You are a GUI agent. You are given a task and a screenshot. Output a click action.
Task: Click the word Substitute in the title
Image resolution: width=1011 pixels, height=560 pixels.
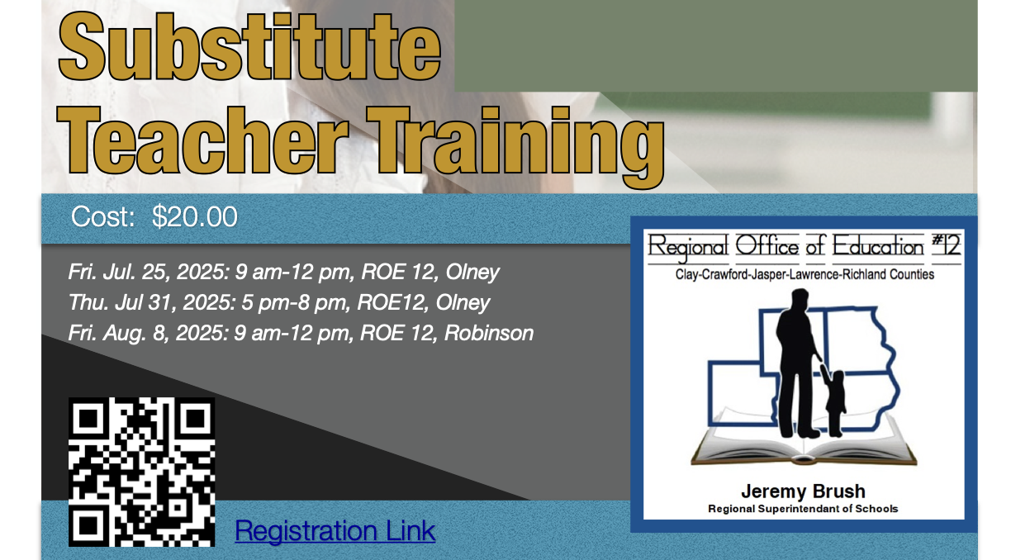tap(249, 47)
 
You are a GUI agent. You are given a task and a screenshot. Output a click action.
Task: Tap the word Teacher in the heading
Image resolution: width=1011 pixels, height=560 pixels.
tap(202, 140)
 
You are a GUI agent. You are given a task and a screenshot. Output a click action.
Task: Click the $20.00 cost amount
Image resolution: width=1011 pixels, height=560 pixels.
tap(195, 216)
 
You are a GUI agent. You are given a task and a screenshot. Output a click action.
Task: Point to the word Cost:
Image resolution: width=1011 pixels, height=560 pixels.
tap(103, 216)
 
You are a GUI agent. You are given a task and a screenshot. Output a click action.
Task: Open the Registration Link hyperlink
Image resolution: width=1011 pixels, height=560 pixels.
tap(335, 530)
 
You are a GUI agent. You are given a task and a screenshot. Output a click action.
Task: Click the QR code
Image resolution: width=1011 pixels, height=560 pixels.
tap(142, 472)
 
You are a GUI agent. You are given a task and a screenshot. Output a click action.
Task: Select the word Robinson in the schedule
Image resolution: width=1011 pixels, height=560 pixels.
tap(489, 333)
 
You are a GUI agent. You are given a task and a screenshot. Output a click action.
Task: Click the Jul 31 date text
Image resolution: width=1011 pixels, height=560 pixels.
tap(145, 302)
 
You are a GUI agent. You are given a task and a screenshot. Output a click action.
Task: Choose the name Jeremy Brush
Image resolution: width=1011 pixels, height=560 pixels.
tap(803, 491)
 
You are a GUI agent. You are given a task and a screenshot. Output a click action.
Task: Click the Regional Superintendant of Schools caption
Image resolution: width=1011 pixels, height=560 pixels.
tap(803, 509)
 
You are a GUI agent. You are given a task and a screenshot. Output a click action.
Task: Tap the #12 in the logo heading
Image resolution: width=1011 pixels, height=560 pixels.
tap(947, 245)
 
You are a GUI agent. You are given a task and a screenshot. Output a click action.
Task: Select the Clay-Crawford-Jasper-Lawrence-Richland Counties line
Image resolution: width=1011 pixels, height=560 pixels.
tap(805, 274)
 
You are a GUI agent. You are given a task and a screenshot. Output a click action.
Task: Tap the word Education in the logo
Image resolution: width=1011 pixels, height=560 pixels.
tap(878, 246)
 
